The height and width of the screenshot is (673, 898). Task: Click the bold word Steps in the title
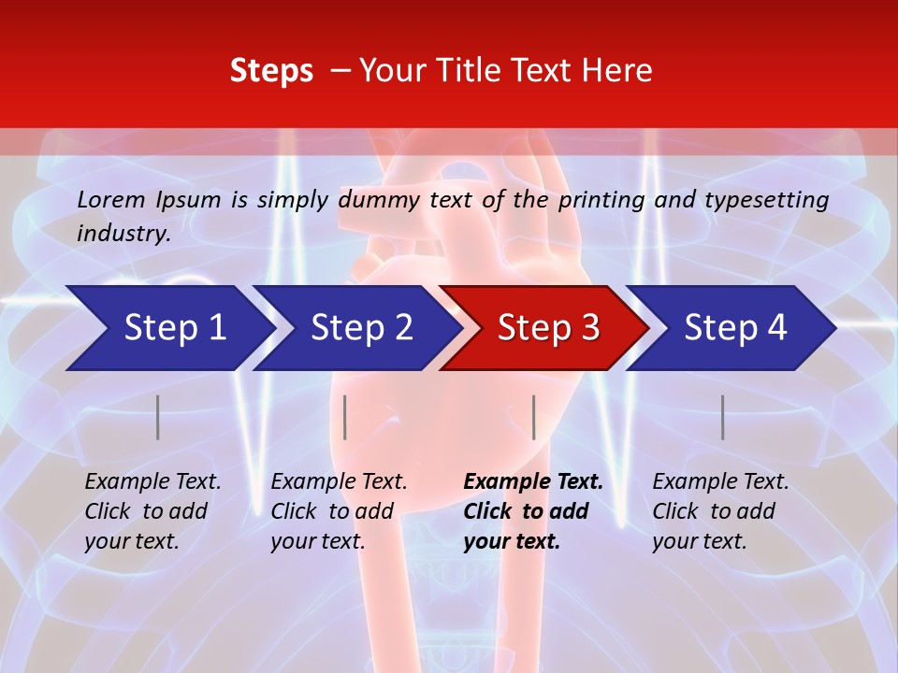pyautogui.click(x=271, y=70)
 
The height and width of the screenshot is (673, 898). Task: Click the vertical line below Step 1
pyautogui.click(x=158, y=417)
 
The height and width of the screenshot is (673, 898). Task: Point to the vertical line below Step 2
pyautogui.click(x=345, y=417)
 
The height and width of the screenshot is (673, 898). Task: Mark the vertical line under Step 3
pyautogui.click(x=533, y=417)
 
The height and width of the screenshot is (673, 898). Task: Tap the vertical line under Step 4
pyautogui.click(x=722, y=417)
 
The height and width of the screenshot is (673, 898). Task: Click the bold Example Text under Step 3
pyautogui.click(x=533, y=482)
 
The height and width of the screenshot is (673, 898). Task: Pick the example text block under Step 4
pyautogui.click(x=720, y=511)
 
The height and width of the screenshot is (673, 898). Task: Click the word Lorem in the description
pyautogui.click(x=111, y=199)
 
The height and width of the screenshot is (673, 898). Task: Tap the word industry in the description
pyautogui.click(x=123, y=233)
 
